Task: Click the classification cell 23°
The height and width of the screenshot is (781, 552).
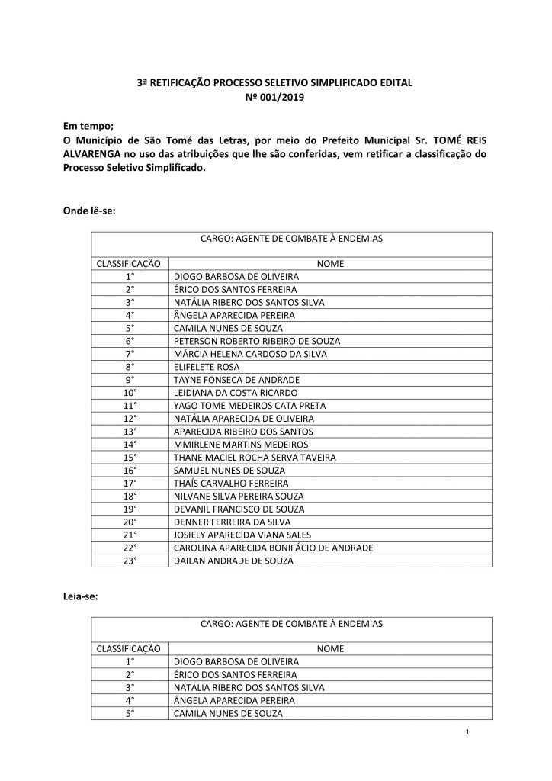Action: pyautogui.click(x=130, y=561)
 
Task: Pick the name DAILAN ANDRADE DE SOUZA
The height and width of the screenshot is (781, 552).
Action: pyautogui.click(x=233, y=561)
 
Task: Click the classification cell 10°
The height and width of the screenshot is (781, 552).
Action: pyautogui.click(x=130, y=393)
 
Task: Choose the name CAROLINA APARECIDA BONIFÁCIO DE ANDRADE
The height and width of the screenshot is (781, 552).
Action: pyautogui.click(x=274, y=548)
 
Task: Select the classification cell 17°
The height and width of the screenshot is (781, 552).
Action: pyautogui.click(x=130, y=484)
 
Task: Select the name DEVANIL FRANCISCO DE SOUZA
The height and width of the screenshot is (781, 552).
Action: pyautogui.click(x=239, y=509)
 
